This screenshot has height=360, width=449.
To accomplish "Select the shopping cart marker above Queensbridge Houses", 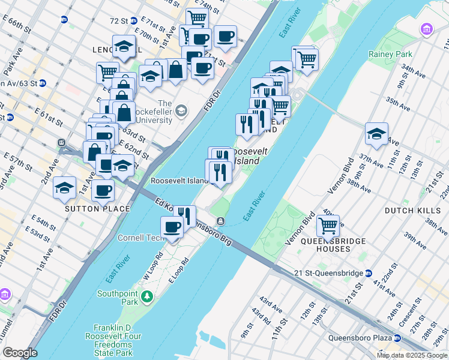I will coord(328,226).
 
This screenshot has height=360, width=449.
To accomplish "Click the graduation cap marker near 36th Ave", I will coord(376,134).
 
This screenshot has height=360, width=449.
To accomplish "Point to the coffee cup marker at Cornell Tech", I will coord(172,227).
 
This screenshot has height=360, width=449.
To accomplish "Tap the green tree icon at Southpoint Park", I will coord(146,296).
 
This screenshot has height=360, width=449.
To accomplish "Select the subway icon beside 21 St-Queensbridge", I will coord(369,273).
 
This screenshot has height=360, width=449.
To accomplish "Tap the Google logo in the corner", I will coord(20,352).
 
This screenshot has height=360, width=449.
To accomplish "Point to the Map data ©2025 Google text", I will coord(412,355).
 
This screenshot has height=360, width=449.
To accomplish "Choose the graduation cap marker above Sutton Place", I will coord(65,188).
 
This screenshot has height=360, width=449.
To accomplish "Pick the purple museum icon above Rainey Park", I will coord(427,29).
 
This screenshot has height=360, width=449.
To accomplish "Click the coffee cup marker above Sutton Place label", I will coord(103,191).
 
